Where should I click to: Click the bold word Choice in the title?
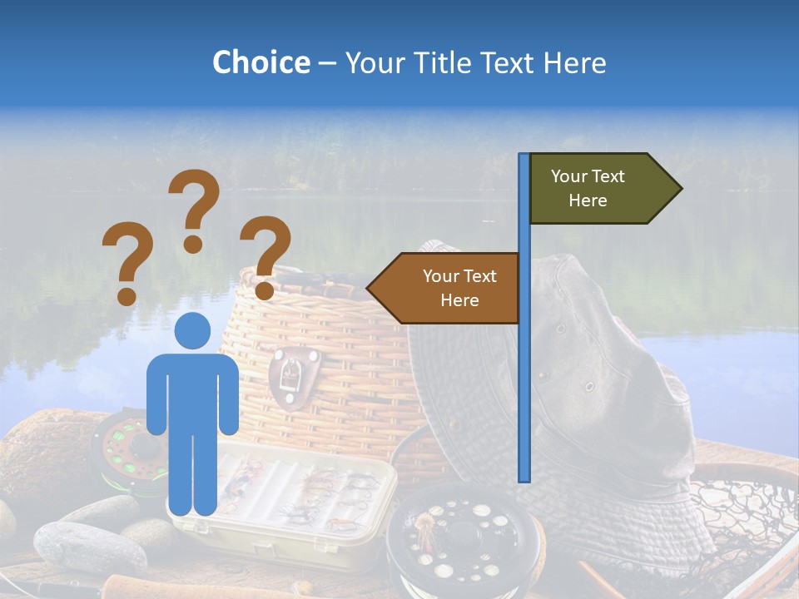click(x=261, y=62)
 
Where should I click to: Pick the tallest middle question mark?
click(x=194, y=208)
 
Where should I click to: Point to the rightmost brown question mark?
click(x=265, y=255)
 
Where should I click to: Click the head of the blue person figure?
click(x=192, y=331)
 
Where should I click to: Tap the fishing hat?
click(x=599, y=391)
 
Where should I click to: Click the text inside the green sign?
click(x=588, y=188)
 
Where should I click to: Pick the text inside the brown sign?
click(x=459, y=288)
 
